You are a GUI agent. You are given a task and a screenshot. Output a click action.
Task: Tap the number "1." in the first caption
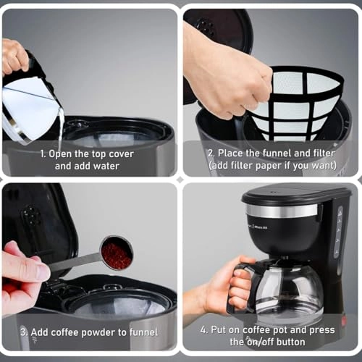pos(44,153)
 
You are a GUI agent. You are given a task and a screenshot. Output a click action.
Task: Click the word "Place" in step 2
pos(237,153)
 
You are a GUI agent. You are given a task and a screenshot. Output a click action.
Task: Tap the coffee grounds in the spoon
pos(116,254)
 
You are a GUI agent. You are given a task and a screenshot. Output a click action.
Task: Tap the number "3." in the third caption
pos(24,332)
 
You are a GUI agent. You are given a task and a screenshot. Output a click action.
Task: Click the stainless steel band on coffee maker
pos(282,211)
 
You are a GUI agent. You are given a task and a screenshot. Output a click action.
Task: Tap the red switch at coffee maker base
pos(343,319)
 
